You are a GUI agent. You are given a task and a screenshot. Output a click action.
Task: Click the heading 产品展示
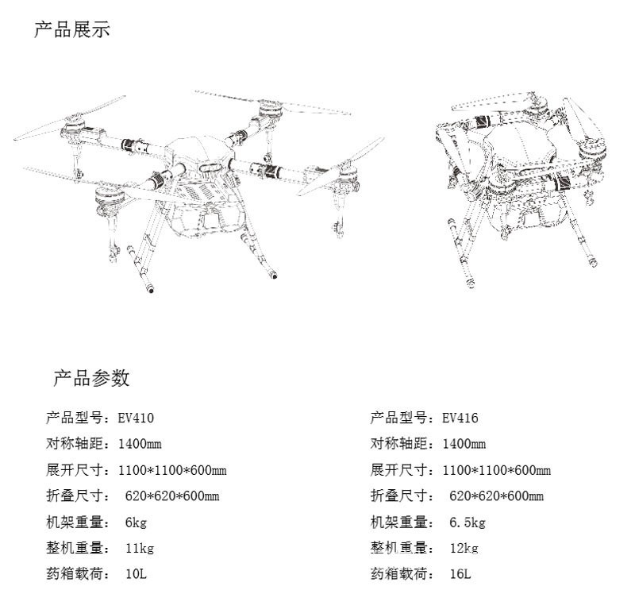tap(72, 30)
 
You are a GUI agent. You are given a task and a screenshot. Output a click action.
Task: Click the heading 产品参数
tap(91, 377)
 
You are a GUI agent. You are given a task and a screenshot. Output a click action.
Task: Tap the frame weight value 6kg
tap(136, 523)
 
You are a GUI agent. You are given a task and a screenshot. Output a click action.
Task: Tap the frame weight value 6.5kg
tap(467, 523)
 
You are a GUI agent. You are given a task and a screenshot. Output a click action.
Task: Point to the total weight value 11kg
tap(139, 549)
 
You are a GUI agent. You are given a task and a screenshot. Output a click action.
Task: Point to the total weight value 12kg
tap(464, 549)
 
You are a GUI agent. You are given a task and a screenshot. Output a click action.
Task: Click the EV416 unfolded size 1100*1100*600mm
tap(496, 470)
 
